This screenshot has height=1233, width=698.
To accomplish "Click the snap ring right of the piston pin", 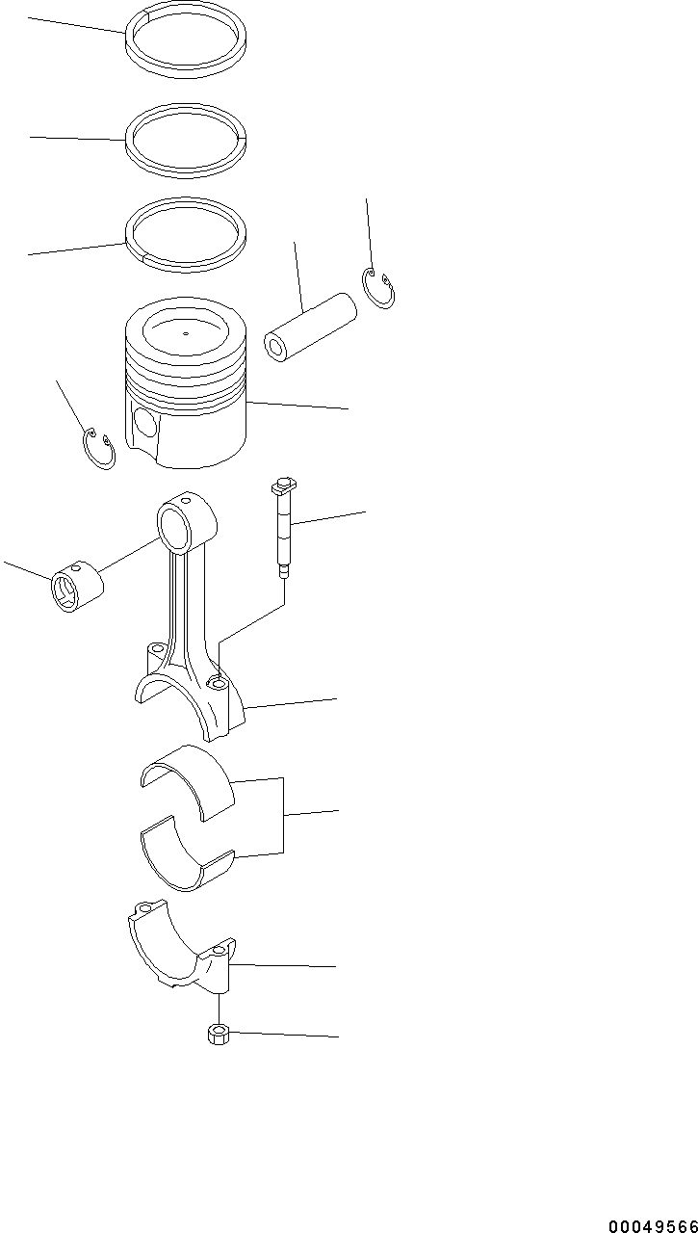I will pyautogui.click(x=379, y=290).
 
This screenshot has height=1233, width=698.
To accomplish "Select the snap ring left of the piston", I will pyautogui.click(x=97, y=450).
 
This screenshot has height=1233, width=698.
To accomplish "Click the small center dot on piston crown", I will pyautogui.click(x=185, y=335).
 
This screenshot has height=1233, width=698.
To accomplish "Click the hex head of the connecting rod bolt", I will pyautogui.click(x=285, y=481).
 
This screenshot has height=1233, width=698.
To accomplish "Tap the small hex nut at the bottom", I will pyautogui.click(x=219, y=1036).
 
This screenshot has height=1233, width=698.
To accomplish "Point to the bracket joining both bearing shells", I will pyautogui.click(x=282, y=815).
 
